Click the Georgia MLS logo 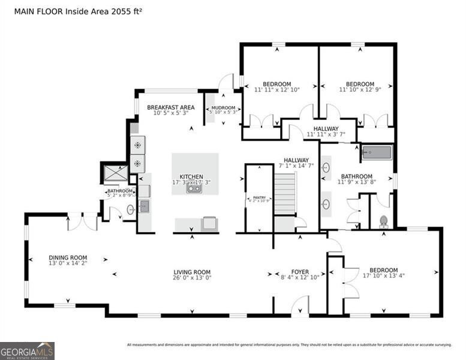click(27, 350)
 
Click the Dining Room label click(68, 257)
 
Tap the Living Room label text click(192, 272)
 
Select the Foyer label click(300, 272)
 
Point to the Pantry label click(260, 197)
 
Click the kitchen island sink click(194, 189)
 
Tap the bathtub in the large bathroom click(377, 153)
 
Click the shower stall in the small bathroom click(115, 173)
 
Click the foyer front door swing click(299, 307)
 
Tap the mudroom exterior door click(226, 82)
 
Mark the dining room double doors click(82, 221)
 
